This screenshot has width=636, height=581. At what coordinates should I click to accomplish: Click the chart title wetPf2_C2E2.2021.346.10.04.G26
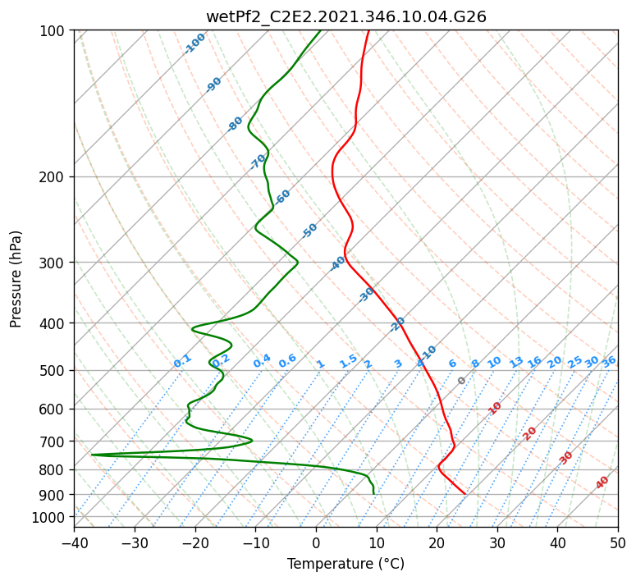pyautogui.click(x=346, y=17)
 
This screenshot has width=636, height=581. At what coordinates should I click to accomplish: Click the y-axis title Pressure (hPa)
pyautogui.click(x=16, y=279)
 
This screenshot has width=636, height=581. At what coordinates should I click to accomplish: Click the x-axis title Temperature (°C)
pyautogui.click(x=346, y=564)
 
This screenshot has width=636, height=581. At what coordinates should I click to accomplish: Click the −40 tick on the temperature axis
pyautogui.click(x=74, y=542)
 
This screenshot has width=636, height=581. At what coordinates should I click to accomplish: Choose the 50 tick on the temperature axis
pyautogui.click(x=618, y=542)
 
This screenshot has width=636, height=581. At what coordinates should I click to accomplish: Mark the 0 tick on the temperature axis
pyautogui.click(x=316, y=542)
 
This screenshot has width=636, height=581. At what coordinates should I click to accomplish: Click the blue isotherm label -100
pyautogui.click(x=194, y=43)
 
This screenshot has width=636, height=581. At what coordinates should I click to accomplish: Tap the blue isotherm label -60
pyautogui.click(x=282, y=197)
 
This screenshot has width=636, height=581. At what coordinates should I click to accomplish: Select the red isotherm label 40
pyautogui.click(x=602, y=483)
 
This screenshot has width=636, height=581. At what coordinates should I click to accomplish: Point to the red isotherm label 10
pyautogui.click(x=494, y=408)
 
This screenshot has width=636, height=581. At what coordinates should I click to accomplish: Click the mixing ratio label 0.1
pyautogui.click(x=182, y=361)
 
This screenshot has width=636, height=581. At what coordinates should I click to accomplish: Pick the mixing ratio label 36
pyautogui.click(x=609, y=362)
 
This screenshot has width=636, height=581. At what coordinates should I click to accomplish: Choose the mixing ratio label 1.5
pyautogui.click(x=348, y=361)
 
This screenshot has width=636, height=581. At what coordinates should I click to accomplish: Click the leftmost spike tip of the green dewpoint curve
pyautogui.click(x=92, y=455)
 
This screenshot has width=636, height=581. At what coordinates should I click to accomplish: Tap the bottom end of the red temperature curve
pyautogui.click(x=464, y=494)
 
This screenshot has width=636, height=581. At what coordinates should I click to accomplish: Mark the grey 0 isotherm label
pyautogui.click(x=461, y=381)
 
